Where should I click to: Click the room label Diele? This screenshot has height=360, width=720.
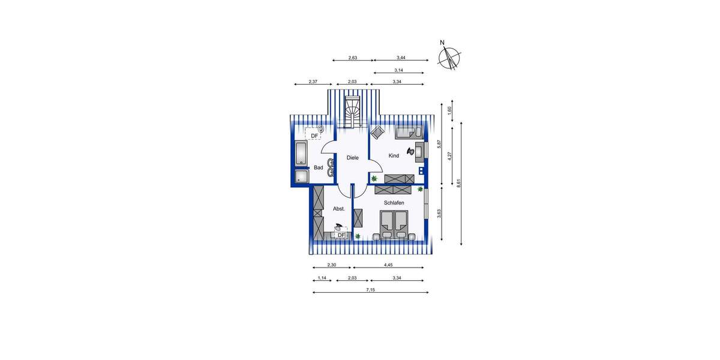[353, 158]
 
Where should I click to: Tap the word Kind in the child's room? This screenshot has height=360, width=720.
[394, 156]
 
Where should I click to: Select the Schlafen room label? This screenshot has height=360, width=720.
[394, 203]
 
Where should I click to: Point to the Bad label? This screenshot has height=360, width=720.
[319, 167]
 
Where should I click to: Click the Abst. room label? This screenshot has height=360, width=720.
[338, 209]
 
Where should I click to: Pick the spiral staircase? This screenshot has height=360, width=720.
[352, 112]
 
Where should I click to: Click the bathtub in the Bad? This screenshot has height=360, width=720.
[301, 154]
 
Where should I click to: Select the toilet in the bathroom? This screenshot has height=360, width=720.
[322, 129]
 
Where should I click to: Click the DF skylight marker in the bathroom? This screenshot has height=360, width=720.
[314, 136]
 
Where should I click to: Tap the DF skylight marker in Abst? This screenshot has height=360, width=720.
[341, 235]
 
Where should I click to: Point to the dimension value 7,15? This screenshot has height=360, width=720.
[371, 290]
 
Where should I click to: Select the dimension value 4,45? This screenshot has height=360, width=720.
[389, 265]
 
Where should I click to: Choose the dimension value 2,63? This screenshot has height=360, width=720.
[353, 58]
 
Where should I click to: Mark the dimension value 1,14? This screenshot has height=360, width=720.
[322, 278]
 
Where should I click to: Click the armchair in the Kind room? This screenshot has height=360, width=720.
[378, 133]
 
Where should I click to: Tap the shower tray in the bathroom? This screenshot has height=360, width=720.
[301, 176]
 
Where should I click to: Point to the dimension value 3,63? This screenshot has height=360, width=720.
[439, 214]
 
